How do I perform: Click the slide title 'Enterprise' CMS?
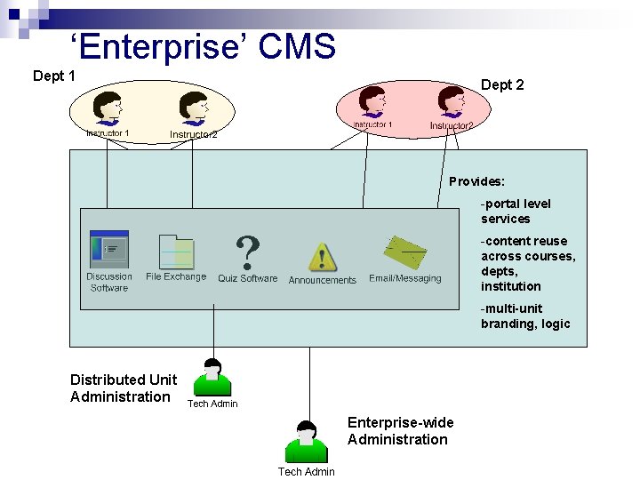(203, 46)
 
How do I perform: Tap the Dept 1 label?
(53, 76)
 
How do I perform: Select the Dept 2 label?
(502, 84)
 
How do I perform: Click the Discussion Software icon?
(109, 250)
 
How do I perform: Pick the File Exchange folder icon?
(176, 252)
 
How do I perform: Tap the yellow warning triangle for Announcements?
(322, 257)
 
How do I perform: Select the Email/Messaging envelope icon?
(405, 254)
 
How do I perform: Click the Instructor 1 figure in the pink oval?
(372, 103)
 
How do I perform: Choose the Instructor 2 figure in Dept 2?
(452, 103)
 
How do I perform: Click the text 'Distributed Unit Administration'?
(124, 388)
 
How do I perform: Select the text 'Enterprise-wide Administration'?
(400, 431)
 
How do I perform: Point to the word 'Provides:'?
(476, 181)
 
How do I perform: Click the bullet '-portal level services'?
(516, 212)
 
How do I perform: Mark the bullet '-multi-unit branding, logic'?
(525, 316)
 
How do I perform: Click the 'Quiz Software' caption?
(247, 278)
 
